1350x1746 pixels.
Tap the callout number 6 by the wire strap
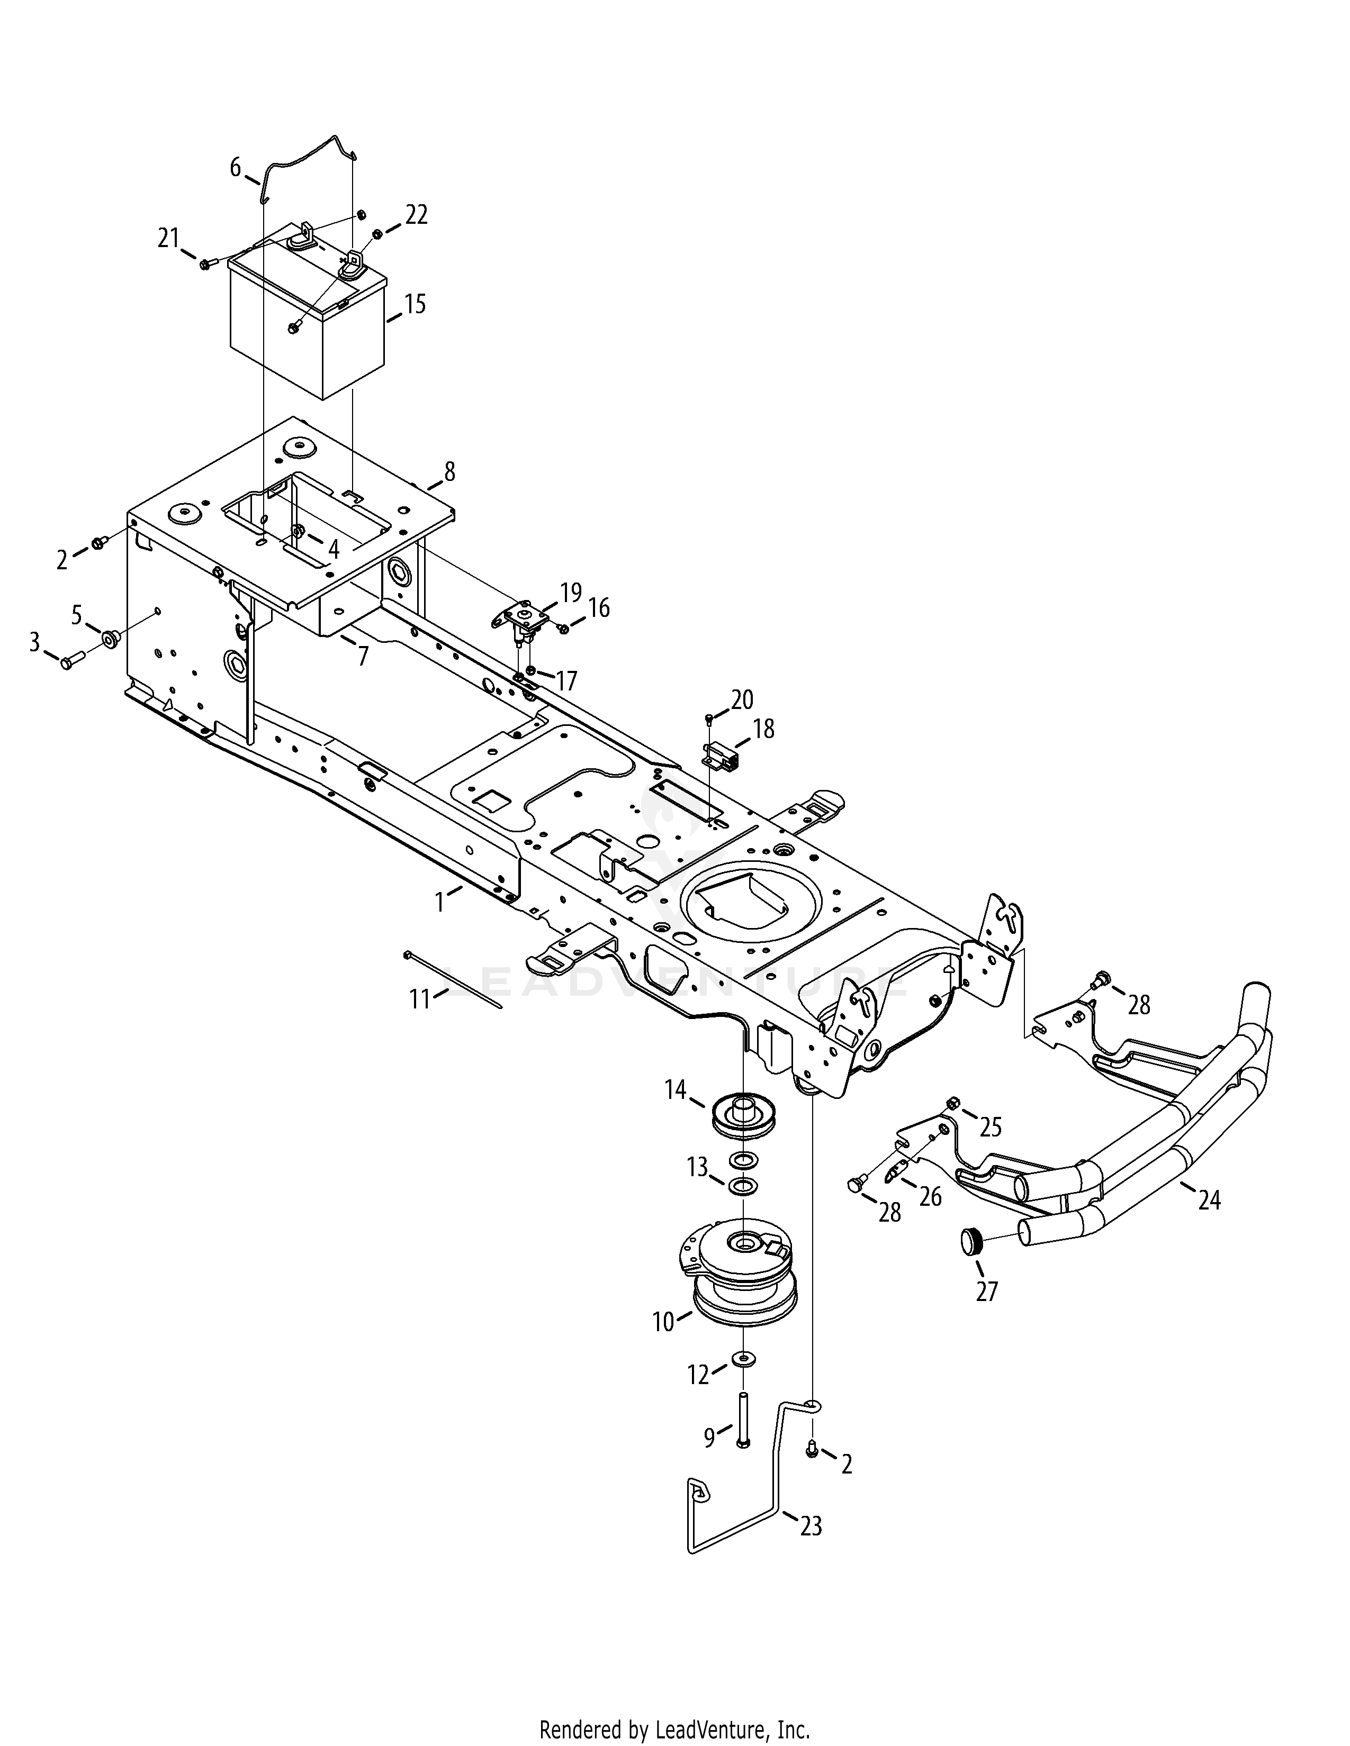235,168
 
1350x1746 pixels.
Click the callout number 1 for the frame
439,902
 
